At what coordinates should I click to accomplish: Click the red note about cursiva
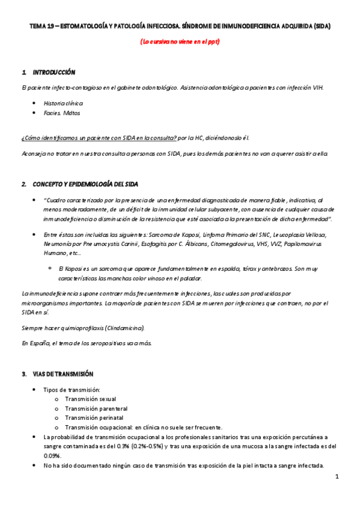tap(180, 42)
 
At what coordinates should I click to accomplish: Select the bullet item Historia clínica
tap(63, 103)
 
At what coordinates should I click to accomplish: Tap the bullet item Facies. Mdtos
tap(62, 112)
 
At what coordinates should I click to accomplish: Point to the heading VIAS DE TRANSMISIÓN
tap(63, 373)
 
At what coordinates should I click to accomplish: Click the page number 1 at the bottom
tap(338, 477)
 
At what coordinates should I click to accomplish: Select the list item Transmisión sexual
tap(91, 399)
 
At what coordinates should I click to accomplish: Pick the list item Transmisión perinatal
tap(94, 417)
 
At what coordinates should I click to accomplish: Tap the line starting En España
tap(87, 343)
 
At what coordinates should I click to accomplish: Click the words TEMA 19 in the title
tap(41, 27)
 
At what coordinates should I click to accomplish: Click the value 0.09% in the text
tap(53, 456)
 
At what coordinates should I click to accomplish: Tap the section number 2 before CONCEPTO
tap(23, 183)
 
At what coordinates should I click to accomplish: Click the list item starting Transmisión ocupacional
tap(144, 427)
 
